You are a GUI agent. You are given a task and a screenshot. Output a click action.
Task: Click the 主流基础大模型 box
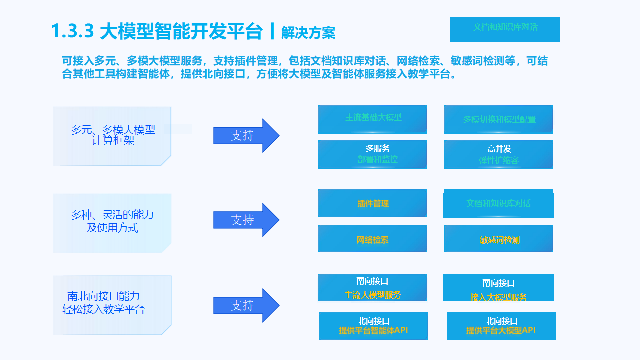tap(372, 119)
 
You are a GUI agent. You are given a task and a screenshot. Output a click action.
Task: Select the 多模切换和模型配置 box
tap(498, 120)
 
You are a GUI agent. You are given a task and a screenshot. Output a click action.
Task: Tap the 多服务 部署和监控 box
tap(373, 155)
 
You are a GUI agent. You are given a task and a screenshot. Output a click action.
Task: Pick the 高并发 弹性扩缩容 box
tap(499, 155)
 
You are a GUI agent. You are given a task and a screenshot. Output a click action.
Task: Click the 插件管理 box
tap(372, 203)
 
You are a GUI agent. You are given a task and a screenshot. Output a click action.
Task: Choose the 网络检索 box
tap(373, 239)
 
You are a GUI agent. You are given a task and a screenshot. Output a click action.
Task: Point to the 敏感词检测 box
tap(499, 239)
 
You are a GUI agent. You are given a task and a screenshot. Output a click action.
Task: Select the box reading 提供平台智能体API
tap(373, 326)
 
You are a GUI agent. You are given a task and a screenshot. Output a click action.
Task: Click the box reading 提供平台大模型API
tap(501, 326)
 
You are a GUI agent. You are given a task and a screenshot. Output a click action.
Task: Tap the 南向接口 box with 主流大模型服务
tap(372, 288)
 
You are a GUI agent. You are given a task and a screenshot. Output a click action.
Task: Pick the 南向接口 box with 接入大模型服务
tap(498, 288)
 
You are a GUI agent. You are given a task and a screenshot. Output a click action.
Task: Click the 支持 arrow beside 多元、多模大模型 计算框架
tap(246, 135)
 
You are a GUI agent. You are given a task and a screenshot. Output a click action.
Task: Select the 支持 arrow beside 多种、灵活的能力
tap(246, 220)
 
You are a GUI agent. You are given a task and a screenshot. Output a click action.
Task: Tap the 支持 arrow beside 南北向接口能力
tap(246, 305)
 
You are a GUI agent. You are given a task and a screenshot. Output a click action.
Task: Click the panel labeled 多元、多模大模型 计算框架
tap(112, 136)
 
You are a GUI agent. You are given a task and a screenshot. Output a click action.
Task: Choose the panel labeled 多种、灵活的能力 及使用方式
tap(112, 223)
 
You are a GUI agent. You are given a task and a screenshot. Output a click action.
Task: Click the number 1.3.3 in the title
tap(73, 31)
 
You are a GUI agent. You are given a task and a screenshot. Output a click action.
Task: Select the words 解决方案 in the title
tap(308, 33)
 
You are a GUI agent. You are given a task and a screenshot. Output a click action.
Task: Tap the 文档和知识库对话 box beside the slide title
tap(505, 29)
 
